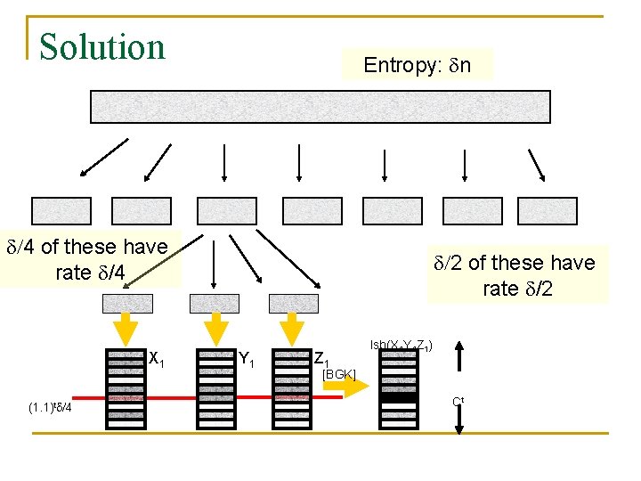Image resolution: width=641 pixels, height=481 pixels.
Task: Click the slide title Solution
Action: pyautogui.click(x=103, y=47)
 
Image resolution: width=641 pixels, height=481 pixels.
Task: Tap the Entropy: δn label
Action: pyautogui.click(x=417, y=65)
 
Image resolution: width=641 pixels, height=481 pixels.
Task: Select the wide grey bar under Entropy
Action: pyautogui.click(x=320, y=107)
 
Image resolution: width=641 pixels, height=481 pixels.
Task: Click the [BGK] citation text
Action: pyautogui.click(x=338, y=374)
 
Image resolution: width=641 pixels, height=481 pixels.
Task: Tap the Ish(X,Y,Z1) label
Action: pyautogui.click(x=401, y=344)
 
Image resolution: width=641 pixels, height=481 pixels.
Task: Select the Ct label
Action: pyautogui.click(x=458, y=401)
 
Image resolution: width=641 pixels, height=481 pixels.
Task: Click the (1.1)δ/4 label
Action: pyautogui.click(x=55, y=408)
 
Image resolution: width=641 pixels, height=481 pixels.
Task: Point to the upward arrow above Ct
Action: pyautogui.click(x=458, y=359)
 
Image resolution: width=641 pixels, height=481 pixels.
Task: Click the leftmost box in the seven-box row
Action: pyautogui.click(x=61, y=210)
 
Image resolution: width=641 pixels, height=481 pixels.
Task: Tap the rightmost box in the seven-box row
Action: pyautogui.click(x=548, y=210)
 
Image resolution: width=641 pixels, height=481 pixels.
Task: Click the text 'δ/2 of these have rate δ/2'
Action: pyautogui.click(x=514, y=275)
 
